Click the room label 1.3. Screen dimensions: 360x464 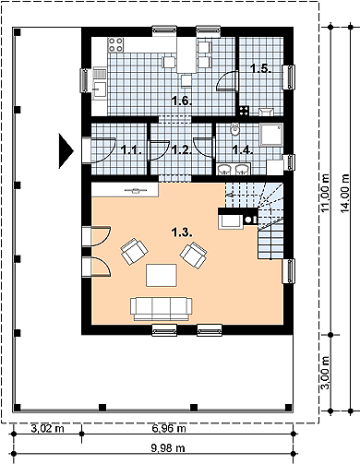(183, 233)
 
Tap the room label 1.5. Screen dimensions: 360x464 (260, 68)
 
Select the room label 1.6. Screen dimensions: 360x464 (182, 101)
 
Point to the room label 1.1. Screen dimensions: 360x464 (131, 150)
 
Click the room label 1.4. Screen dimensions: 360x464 (243, 150)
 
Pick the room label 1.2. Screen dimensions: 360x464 (182, 150)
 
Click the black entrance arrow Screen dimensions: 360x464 (66, 151)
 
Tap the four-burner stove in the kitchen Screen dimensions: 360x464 (115, 44)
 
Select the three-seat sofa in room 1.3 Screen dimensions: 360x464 (162, 309)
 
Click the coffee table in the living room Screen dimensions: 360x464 (162, 275)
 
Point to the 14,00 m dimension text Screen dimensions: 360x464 (345, 193)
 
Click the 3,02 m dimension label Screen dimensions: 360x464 (48, 428)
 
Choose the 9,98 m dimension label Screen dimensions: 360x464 (168, 448)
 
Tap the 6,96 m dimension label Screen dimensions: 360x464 (169, 428)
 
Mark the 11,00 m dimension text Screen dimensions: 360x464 (325, 193)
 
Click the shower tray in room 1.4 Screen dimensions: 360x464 (271, 135)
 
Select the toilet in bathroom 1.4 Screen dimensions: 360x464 (234, 129)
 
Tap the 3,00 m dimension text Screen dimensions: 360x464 (325, 373)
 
